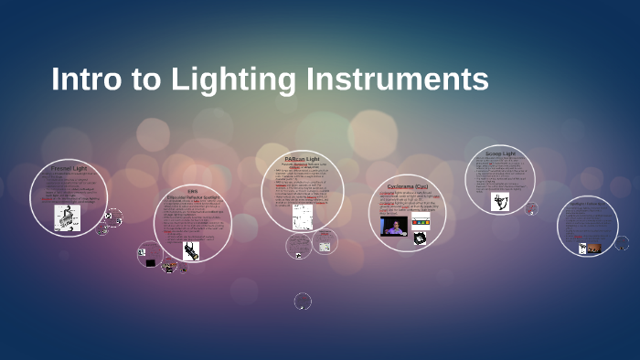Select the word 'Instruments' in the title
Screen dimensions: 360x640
[398, 79]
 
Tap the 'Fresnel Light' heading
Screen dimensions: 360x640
[69, 169]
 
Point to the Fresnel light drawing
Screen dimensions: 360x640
[67, 217]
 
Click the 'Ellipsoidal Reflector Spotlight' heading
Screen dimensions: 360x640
[193, 196]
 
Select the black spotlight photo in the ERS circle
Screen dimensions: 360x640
[191, 250]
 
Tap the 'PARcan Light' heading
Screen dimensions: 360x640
[302, 158]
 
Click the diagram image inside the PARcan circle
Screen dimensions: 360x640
[303, 216]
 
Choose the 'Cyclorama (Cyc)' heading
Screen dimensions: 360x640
[407, 185]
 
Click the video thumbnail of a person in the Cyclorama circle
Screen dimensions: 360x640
[394, 226]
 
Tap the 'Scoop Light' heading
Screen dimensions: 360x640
[500, 154]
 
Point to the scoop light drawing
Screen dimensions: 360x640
[499, 202]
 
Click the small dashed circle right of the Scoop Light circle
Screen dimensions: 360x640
[532, 208]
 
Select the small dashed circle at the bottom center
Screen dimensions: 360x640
[303, 301]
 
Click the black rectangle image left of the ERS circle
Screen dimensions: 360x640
[150, 262]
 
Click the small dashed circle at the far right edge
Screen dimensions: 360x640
[622, 243]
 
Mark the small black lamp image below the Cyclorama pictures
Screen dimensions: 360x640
[419, 239]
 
